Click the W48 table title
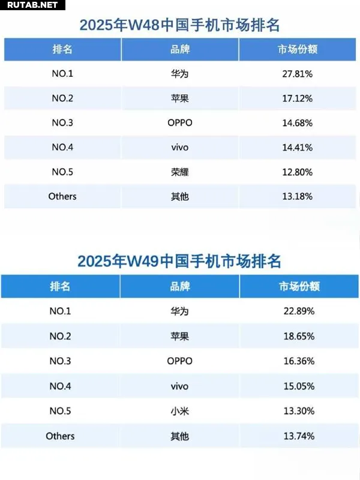[x=180, y=25]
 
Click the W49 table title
[x=179, y=262]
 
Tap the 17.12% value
[x=298, y=98]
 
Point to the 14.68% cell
[x=298, y=123]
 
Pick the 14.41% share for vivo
[x=298, y=147]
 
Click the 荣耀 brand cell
[x=179, y=172]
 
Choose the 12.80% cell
[x=298, y=172]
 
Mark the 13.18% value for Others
[x=298, y=196]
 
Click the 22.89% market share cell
[x=299, y=311]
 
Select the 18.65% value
[x=299, y=336]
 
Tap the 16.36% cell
[x=299, y=361]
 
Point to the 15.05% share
[x=299, y=386]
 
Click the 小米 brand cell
[x=179, y=411]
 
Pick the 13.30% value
[x=299, y=411]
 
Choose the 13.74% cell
[x=299, y=436]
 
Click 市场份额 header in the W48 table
[x=298, y=49]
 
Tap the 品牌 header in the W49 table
[x=179, y=286]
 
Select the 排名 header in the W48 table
[x=62, y=49]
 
